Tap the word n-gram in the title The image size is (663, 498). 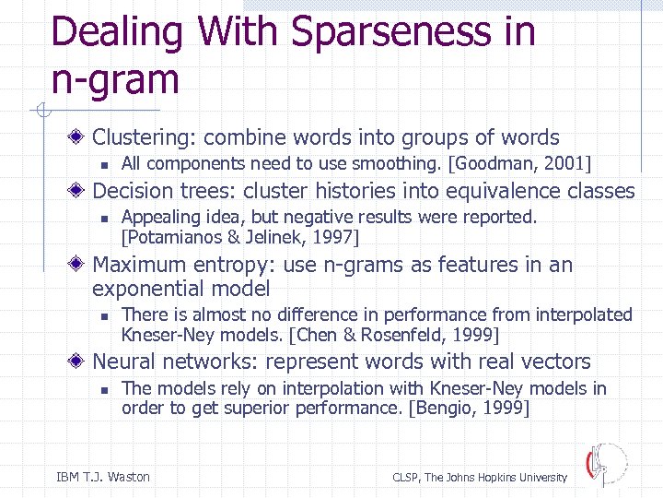coord(115,79)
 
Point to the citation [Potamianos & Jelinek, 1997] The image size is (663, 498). coord(240,237)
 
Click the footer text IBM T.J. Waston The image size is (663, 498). coord(103,477)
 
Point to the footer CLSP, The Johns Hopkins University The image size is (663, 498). coord(480,477)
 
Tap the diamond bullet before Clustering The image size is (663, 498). coord(81,138)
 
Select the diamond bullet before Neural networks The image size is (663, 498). coord(81,362)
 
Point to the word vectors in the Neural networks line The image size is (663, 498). coord(558,362)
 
